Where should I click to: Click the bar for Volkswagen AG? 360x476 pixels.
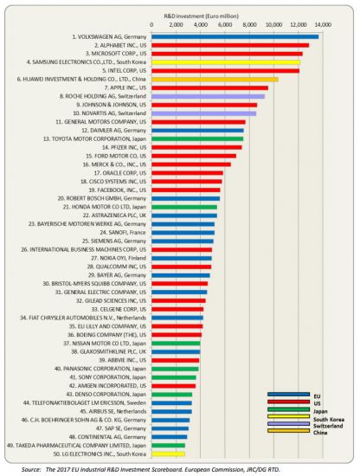tap(234, 35)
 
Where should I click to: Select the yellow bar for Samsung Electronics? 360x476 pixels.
tap(225, 61)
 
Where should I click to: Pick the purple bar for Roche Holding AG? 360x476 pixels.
tap(208, 96)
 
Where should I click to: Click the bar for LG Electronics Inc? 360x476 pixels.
tap(168, 453)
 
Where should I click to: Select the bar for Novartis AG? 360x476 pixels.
tap(203, 113)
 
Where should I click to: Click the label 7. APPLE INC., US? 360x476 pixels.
tap(125, 87)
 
